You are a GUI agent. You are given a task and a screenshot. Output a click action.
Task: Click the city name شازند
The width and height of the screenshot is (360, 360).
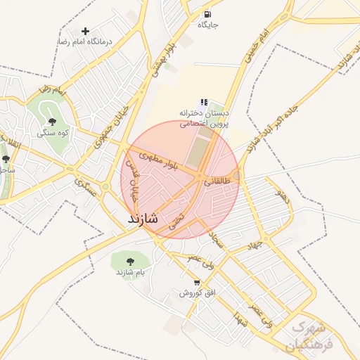pos(143,219)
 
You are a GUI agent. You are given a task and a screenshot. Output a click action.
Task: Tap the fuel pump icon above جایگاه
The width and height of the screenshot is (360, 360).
pos(206,14)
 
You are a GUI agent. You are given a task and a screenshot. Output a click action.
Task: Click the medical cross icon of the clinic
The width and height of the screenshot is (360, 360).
pos(86,31)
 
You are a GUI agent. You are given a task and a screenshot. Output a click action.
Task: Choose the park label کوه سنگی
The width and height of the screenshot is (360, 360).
pos(53,132)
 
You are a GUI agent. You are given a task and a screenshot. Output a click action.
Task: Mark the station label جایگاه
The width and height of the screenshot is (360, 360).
pos(208,25)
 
